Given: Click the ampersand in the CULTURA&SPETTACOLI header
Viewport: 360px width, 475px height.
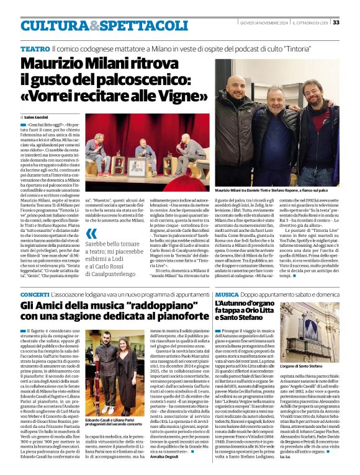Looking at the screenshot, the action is tap(91, 26).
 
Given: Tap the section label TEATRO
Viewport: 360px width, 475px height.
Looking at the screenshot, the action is tap(35, 48).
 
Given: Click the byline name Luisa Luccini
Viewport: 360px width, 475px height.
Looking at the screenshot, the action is tap(39, 117).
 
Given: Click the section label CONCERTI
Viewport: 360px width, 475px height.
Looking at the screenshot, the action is tap(34, 294).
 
